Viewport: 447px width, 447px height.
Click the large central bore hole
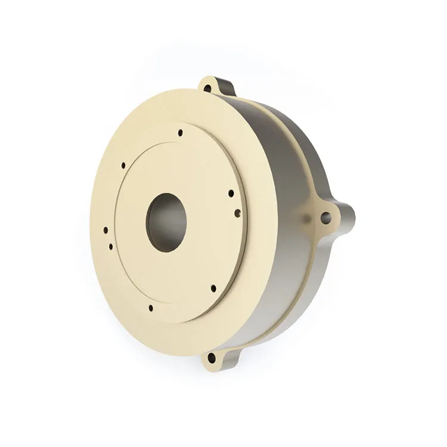pyautogui.click(x=166, y=221)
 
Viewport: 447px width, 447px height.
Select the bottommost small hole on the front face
pyautogui.click(x=150, y=308)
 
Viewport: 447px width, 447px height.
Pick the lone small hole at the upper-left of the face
pyautogui.click(x=123, y=165)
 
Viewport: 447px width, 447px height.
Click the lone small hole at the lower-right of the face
pyautogui.click(x=213, y=288)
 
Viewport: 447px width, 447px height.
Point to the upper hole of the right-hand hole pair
pyautogui.click(x=231, y=193)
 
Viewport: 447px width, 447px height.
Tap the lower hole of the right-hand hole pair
pyautogui.click(x=238, y=211)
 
